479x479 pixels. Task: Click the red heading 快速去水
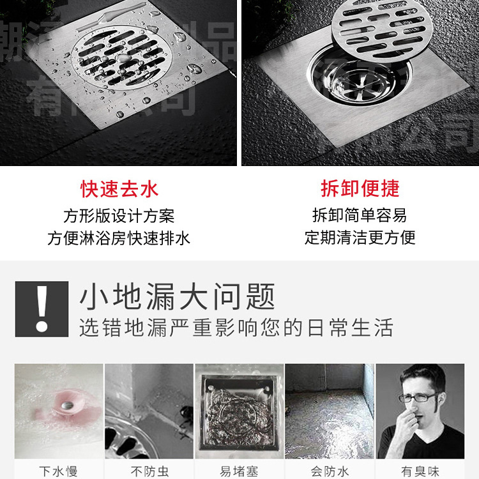pyautogui.click(x=119, y=189)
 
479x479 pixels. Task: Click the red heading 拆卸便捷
pyautogui.click(x=360, y=188)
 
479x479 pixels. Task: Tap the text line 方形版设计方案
pyautogui.click(x=119, y=216)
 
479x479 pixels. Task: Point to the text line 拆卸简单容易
pyautogui.click(x=360, y=215)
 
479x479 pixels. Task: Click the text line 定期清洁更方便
pyautogui.click(x=360, y=238)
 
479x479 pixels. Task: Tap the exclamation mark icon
pyautogui.click(x=42, y=308)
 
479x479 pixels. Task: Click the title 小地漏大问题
pyautogui.click(x=177, y=297)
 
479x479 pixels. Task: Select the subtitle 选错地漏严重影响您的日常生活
pyautogui.click(x=236, y=328)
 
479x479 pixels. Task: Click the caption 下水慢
pyautogui.click(x=58, y=471)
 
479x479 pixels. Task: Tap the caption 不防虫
pyautogui.click(x=149, y=471)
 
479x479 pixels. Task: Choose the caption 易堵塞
pyautogui.click(x=239, y=471)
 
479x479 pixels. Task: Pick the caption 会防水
pyautogui.click(x=330, y=471)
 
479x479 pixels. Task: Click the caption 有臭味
pyautogui.click(x=420, y=471)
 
